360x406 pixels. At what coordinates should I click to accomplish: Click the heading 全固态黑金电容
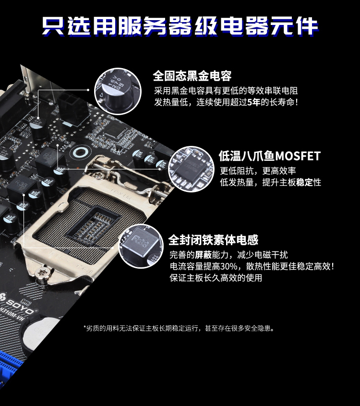[x=192, y=76]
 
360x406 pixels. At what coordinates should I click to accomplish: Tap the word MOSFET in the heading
[x=298, y=156]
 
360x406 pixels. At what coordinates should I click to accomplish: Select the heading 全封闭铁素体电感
[x=214, y=240]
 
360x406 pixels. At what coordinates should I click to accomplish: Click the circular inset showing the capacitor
[x=118, y=91]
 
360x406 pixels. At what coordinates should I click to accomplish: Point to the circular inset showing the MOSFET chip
[x=192, y=169]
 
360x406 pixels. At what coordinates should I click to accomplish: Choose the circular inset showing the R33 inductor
[x=141, y=246]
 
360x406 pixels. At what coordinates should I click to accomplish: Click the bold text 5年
[x=253, y=102]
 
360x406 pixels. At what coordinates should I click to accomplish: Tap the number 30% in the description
[x=229, y=266]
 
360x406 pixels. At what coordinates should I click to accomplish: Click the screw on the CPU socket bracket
[x=42, y=274]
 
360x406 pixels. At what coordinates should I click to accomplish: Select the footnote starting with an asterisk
[x=179, y=328]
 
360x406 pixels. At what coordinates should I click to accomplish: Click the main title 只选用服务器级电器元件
[x=180, y=26]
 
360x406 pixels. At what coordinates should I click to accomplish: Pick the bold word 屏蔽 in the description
[x=203, y=255]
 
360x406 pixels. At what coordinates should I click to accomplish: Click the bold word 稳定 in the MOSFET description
[x=305, y=182]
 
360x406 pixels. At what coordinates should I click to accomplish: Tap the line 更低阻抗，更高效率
[x=258, y=171]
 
